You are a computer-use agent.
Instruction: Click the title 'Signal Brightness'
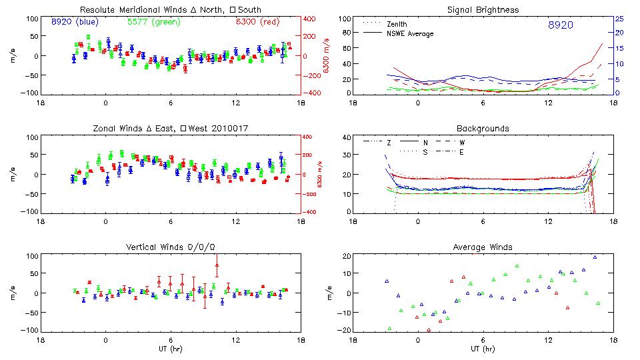(483, 10)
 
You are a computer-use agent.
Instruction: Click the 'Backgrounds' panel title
(483, 128)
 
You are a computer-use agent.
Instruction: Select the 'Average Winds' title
(483, 247)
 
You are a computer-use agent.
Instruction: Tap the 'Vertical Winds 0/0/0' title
(171, 247)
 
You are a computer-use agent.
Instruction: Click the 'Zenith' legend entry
(397, 23)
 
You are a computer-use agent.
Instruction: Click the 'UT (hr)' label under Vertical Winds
(171, 348)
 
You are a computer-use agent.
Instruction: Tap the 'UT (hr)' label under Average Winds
(483, 348)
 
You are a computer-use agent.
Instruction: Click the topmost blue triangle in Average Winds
(595, 257)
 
